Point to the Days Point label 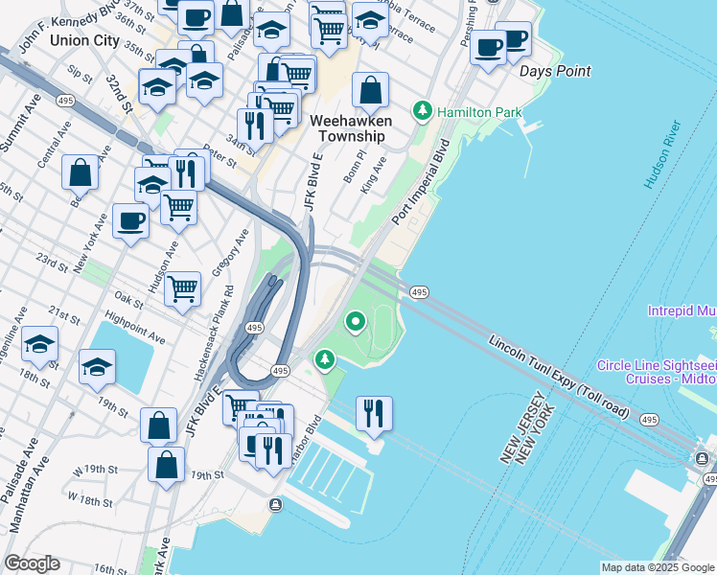tap(554, 71)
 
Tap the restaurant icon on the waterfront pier tap(373, 414)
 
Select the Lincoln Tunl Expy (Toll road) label tap(558, 378)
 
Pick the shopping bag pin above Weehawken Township tap(370, 92)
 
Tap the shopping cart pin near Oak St tap(182, 287)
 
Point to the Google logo tap(32, 563)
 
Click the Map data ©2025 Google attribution tap(658, 567)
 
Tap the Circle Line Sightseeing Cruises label tap(656, 372)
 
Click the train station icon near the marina tap(276, 504)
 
